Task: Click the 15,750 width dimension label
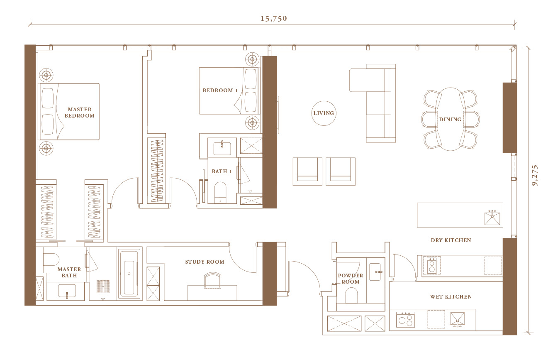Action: coord(274,19)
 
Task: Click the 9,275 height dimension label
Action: coord(535,175)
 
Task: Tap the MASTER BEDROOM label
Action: coord(79,113)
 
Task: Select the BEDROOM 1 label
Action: coord(220,91)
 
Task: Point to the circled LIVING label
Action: coord(324,113)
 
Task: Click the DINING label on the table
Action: coord(450,119)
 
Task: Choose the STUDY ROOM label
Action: coord(205,262)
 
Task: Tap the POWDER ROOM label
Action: coord(350,279)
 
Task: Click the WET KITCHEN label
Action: coord(451,297)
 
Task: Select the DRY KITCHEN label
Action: coord(451,240)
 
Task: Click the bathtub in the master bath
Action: coord(129,274)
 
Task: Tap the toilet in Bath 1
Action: coord(220,193)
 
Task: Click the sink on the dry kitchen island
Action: coord(492,218)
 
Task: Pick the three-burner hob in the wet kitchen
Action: coord(405,319)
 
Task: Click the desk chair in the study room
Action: coord(212,280)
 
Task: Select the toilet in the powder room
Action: coord(351,295)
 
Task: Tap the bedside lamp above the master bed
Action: coord(46,75)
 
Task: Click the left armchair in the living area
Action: coord(307,171)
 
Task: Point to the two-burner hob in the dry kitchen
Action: coord(432,266)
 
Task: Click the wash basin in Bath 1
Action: coord(222,148)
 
